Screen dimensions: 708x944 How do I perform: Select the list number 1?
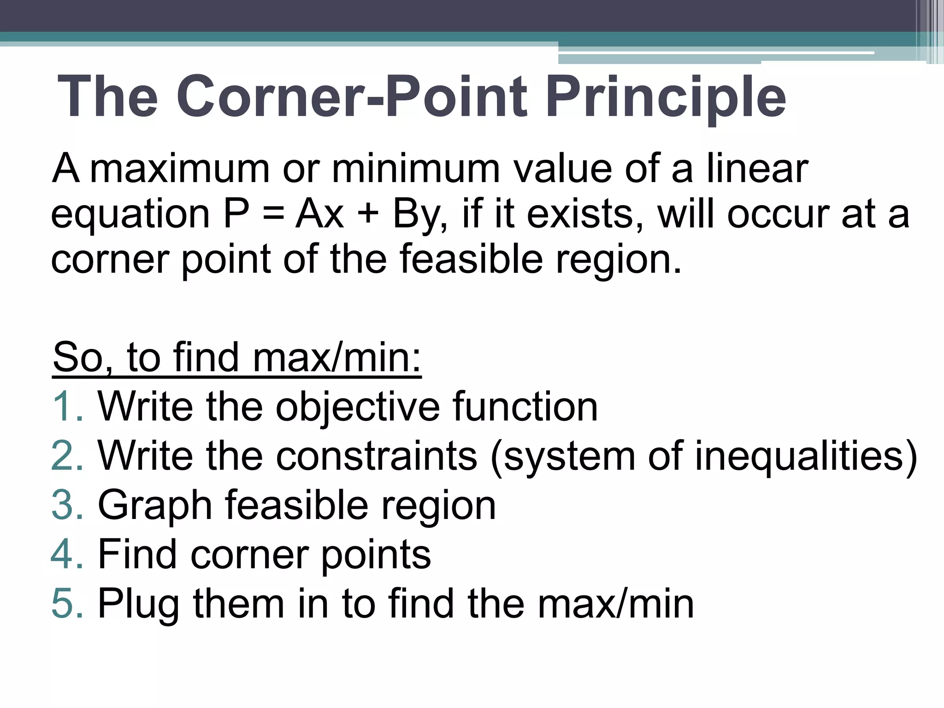click(67, 406)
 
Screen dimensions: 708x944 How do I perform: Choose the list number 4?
click(67, 554)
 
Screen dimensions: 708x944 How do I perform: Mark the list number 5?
click(67, 603)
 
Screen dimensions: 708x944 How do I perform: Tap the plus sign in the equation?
click(368, 215)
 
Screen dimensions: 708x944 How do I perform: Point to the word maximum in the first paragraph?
click(180, 169)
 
